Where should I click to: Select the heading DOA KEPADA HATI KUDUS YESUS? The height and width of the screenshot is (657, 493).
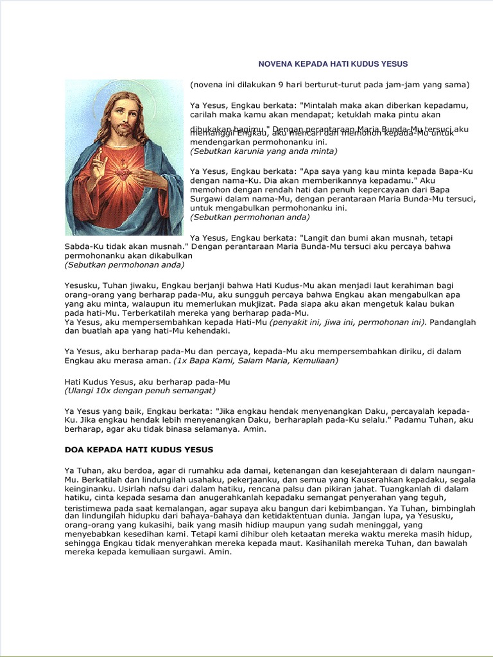click(139, 450)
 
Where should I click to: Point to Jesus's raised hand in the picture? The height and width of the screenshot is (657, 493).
click(98, 163)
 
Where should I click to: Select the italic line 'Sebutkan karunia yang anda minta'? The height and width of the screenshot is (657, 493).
click(263, 151)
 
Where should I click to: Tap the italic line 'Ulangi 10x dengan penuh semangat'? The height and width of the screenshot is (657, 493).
click(140, 390)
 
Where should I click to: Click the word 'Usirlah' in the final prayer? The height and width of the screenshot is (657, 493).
click(80, 488)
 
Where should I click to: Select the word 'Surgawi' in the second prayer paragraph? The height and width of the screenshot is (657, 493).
click(207, 199)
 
